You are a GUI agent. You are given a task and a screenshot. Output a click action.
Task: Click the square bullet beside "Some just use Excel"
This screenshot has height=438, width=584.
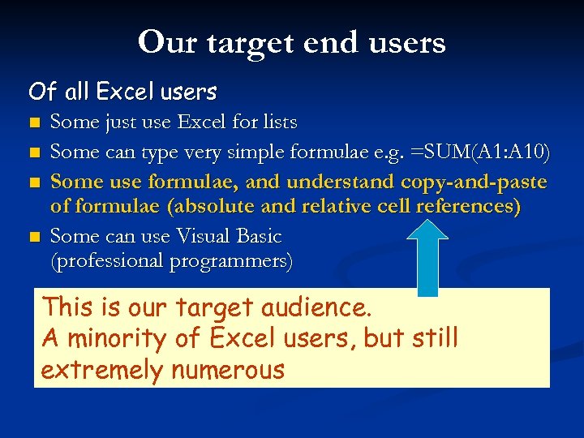pyautogui.click(x=33, y=124)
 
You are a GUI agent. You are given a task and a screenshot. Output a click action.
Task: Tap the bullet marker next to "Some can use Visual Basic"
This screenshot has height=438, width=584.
pyautogui.click(x=33, y=238)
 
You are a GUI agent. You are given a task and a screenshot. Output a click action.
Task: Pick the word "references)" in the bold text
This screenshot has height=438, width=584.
pyautogui.click(x=467, y=207)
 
